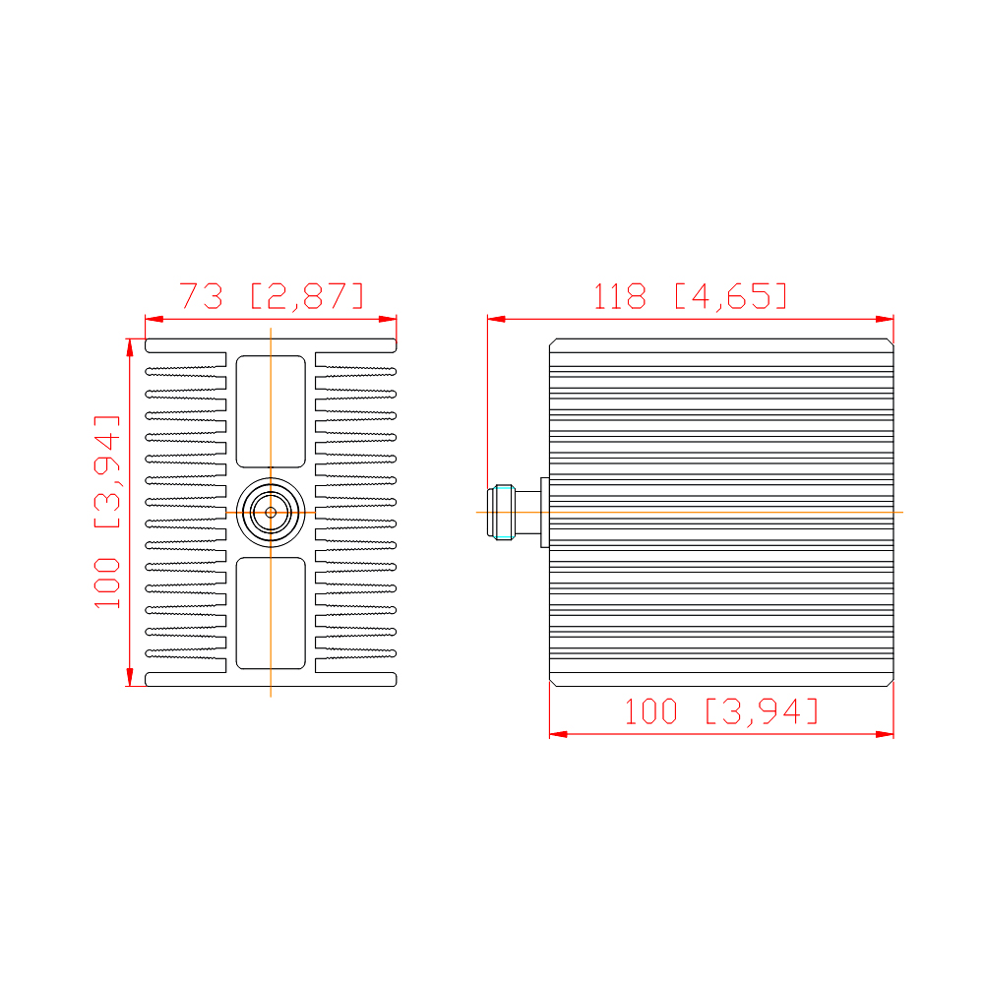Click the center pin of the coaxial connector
point(271,513)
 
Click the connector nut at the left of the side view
point(501,512)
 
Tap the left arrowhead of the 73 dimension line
point(154,320)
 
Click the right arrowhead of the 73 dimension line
point(388,320)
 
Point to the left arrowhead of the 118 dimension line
point(496,320)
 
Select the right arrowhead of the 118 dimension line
point(885,320)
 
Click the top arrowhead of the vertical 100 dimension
point(130,347)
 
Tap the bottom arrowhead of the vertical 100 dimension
point(130,677)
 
